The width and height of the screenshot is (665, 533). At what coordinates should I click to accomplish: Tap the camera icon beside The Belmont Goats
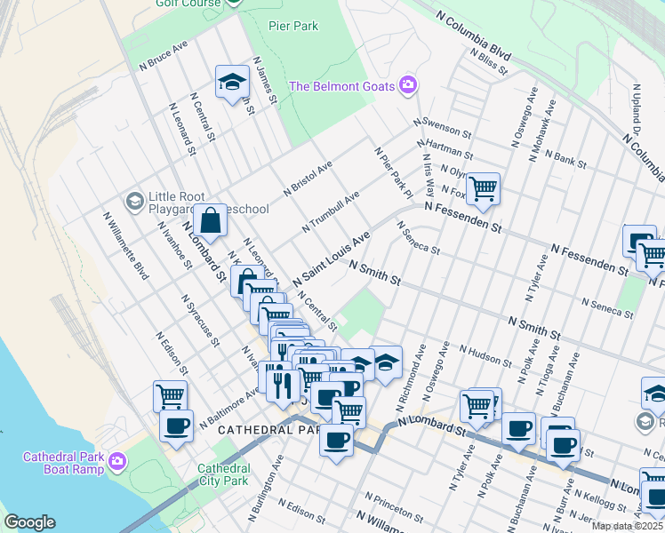(409, 85)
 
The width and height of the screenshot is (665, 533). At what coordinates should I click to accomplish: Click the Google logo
(29, 522)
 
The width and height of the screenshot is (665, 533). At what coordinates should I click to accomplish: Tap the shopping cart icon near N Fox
(483, 187)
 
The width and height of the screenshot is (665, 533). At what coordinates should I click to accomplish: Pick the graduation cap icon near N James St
(232, 82)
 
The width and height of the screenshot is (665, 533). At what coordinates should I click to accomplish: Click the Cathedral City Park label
(223, 474)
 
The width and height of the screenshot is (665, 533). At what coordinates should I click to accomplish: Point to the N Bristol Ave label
(308, 178)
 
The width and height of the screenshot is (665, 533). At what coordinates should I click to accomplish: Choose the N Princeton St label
(394, 506)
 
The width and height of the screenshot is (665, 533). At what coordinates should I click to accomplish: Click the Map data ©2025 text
(627, 526)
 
